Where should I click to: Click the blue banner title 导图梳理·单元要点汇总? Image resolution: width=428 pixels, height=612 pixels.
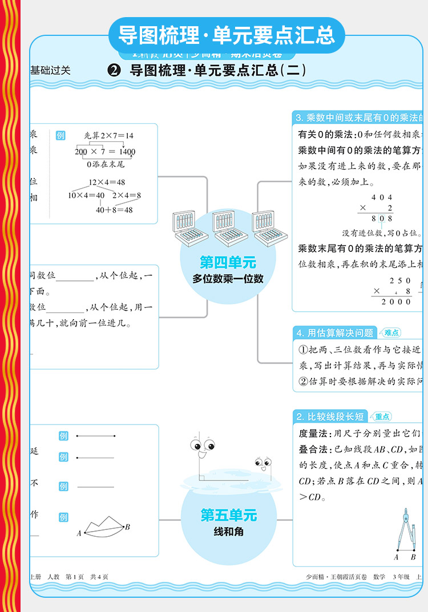click(x=226, y=35)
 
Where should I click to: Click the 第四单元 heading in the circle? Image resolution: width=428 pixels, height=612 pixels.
click(x=228, y=262)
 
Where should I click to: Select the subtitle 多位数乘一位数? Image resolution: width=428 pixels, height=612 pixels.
click(x=228, y=279)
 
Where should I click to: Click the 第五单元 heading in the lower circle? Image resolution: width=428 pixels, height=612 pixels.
click(x=228, y=516)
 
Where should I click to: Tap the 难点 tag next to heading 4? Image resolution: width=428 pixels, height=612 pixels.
click(x=391, y=333)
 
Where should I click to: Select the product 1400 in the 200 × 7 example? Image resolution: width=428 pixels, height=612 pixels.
click(x=124, y=152)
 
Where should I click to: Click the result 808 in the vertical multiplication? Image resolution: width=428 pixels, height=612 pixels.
click(x=382, y=218)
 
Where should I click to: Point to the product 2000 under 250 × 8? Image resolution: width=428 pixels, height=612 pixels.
click(x=395, y=301)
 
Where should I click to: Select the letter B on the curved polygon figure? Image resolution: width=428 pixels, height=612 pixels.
click(x=127, y=527)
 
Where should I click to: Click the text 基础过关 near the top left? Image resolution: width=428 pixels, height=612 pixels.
click(x=51, y=71)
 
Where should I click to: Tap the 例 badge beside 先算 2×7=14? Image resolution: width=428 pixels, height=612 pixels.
click(x=60, y=136)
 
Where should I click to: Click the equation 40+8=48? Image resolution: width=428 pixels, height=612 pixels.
click(x=114, y=210)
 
